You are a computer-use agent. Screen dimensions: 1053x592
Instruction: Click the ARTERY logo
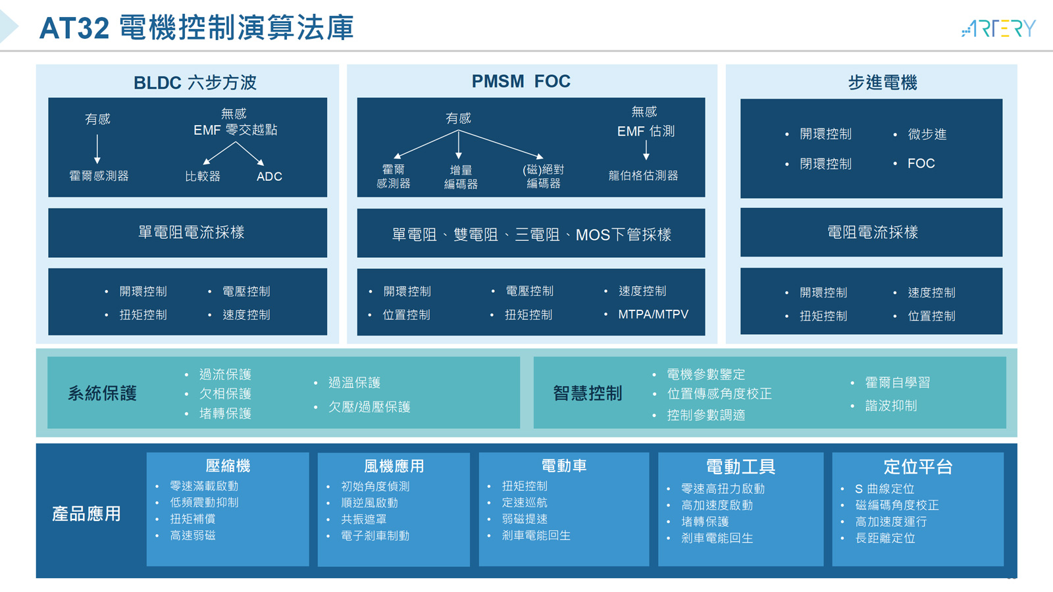998,29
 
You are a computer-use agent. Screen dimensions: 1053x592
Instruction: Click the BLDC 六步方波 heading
195,83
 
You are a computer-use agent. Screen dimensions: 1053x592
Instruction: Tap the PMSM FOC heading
521,82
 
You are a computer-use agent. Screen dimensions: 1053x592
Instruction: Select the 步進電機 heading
883,83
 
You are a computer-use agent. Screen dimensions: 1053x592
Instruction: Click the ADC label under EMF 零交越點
269,177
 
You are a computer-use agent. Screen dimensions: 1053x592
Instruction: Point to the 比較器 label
203,177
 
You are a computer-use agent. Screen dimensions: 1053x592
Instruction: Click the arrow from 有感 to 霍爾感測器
97,149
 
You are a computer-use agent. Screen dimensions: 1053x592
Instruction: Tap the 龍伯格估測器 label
643,176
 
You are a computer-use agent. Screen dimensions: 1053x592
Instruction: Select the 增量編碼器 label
461,177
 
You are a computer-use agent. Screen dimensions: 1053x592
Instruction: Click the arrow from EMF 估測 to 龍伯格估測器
646,150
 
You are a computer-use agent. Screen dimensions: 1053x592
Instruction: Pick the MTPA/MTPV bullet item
653,314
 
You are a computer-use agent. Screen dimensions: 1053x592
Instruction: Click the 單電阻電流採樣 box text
192,232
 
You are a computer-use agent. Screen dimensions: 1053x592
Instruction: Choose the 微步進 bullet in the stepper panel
927,134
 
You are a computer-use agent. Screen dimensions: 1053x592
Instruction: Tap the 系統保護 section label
103,393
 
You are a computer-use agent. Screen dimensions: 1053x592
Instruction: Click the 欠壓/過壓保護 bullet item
369,407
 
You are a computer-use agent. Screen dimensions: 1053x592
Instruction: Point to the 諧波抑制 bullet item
891,405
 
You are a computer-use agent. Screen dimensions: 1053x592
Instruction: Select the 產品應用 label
86,514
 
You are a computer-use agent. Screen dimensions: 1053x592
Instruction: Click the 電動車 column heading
563,466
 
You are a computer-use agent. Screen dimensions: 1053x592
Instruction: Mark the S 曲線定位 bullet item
885,489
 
